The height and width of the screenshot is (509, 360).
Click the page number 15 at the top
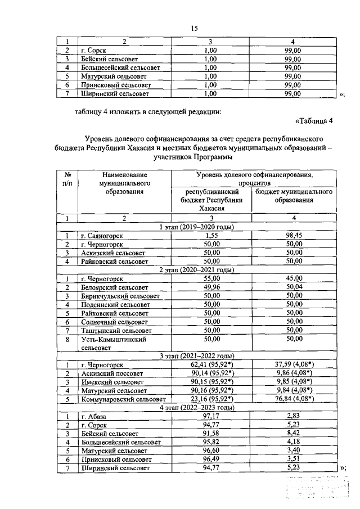click(194, 28)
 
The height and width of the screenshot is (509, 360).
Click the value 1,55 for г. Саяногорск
click(211, 236)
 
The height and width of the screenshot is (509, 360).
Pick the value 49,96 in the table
click(211, 287)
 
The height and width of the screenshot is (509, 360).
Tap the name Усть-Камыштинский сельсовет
click(114, 344)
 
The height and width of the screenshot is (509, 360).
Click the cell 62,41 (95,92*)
click(211, 365)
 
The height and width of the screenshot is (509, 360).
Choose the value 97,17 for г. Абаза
click(211, 416)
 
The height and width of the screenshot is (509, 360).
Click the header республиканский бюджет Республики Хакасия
click(211, 200)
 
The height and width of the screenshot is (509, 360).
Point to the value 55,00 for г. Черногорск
click(211, 278)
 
